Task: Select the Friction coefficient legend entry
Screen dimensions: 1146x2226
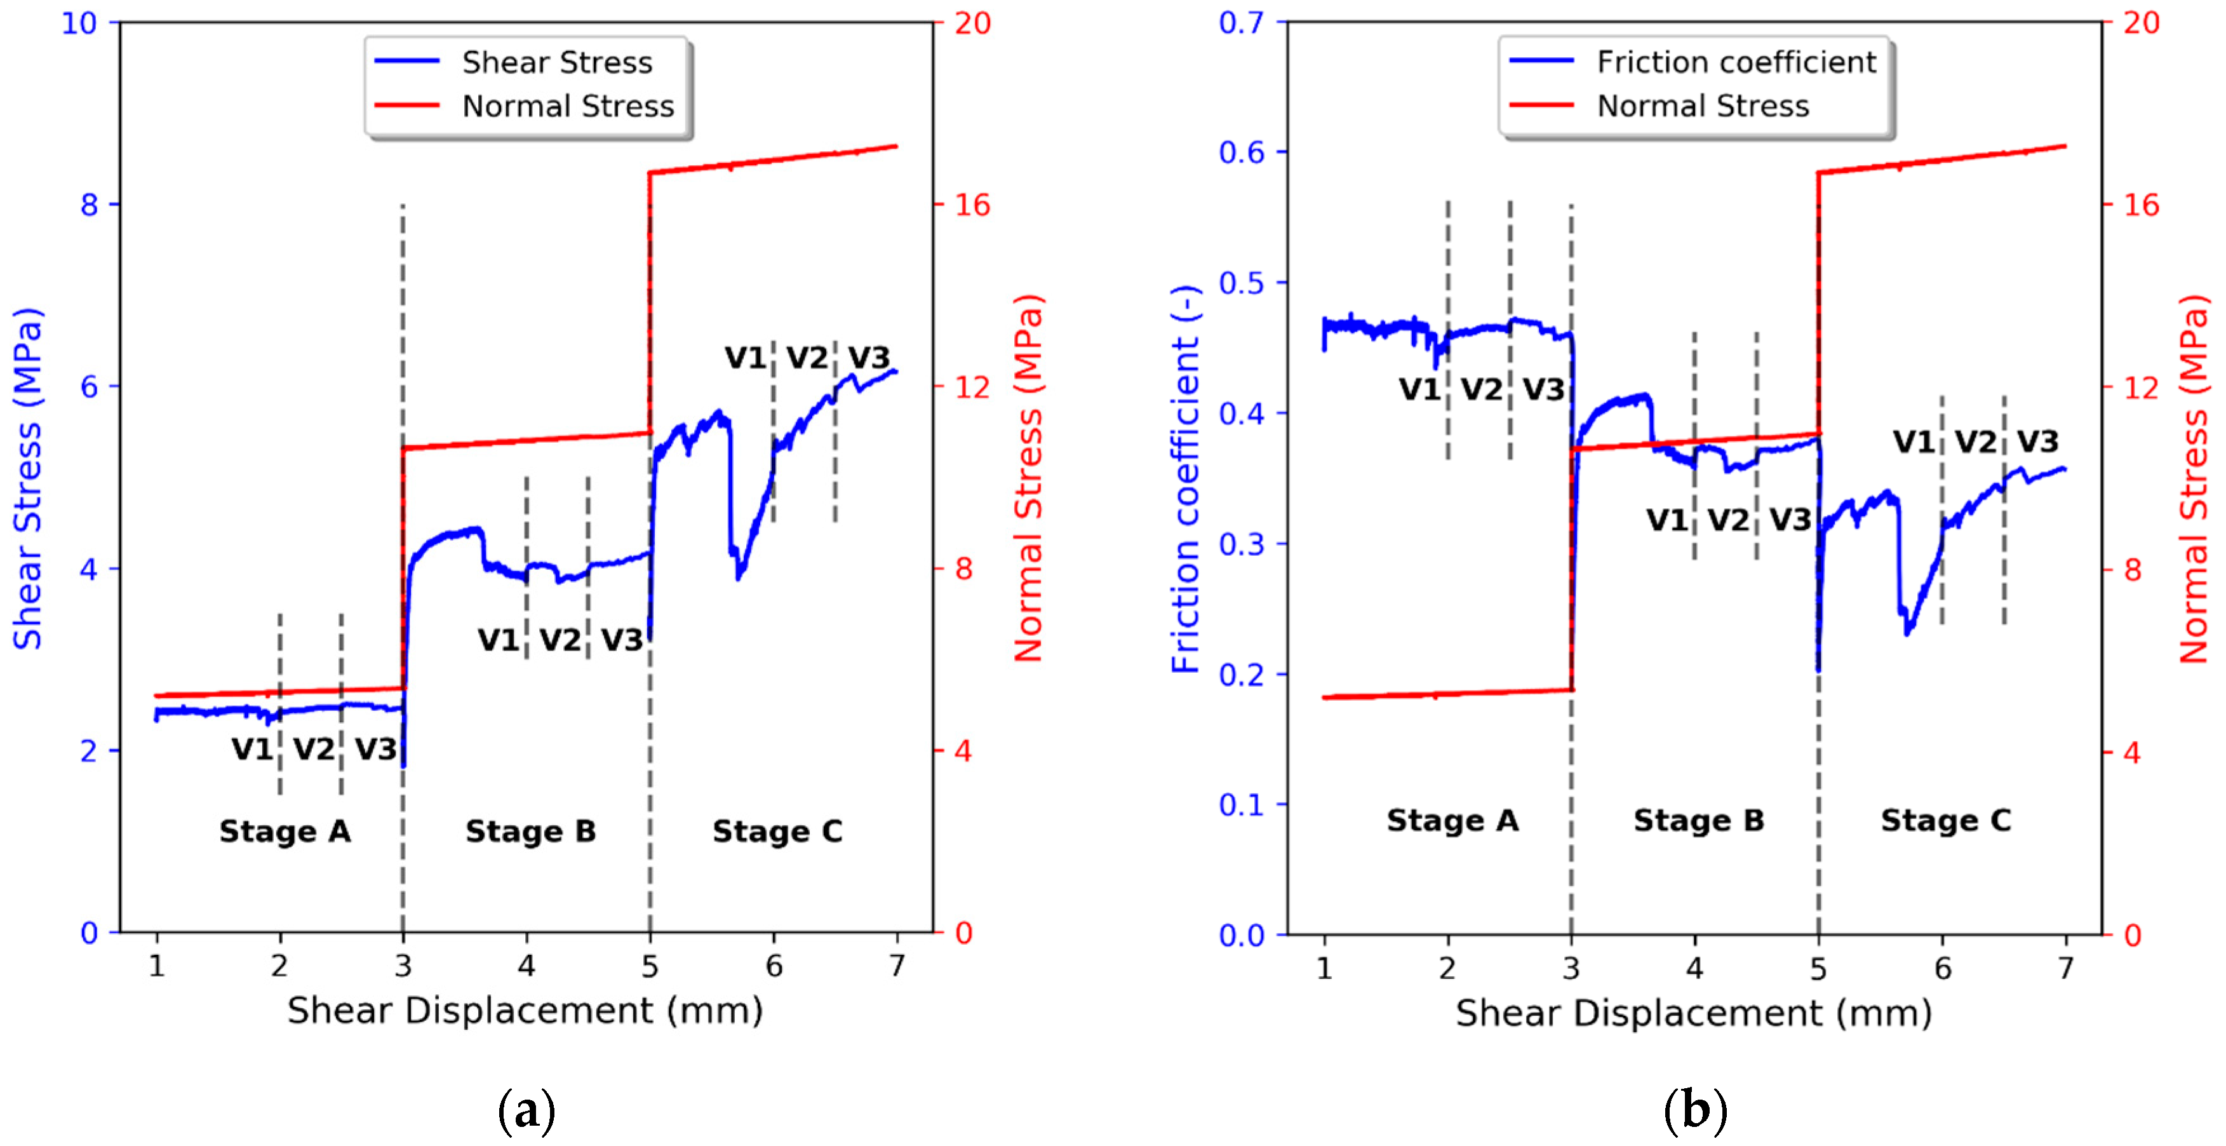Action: pyautogui.click(x=1735, y=62)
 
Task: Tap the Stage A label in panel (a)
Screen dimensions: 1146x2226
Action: pyautogui.click(x=285, y=832)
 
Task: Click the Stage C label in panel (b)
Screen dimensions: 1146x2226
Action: pyautogui.click(x=1945, y=820)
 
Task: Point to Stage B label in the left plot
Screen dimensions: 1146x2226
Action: pyautogui.click(x=530, y=832)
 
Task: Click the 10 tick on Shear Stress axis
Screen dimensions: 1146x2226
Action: pyautogui.click(x=79, y=24)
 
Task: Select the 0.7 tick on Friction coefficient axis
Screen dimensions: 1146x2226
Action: pyautogui.click(x=1242, y=24)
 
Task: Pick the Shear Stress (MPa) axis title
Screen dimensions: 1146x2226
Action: pyautogui.click(x=28, y=478)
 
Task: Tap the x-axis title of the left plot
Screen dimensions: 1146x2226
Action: pyautogui.click(x=525, y=1010)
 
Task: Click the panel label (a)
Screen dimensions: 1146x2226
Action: pyautogui.click(x=526, y=1110)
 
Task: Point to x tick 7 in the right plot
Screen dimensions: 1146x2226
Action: pyautogui.click(x=2065, y=968)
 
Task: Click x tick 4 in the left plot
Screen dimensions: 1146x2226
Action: pyautogui.click(x=526, y=966)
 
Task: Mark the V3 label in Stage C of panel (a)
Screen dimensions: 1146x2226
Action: pyautogui.click(x=868, y=358)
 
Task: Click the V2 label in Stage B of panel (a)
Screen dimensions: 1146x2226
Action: pyautogui.click(x=561, y=640)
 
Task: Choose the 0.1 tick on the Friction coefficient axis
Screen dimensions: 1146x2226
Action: pyautogui.click(x=1242, y=806)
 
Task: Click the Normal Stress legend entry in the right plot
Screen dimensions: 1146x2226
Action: pyautogui.click(x=1701, y=106)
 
